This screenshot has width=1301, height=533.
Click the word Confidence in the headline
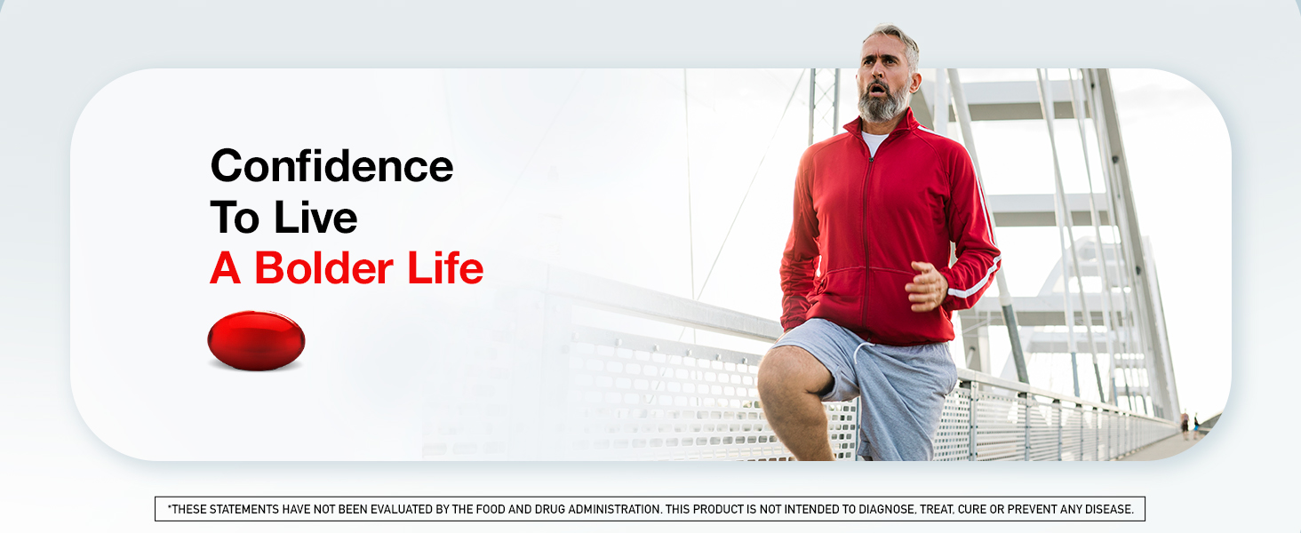(331, 166)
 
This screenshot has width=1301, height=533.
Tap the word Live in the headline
(315, 218)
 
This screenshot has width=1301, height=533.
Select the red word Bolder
(324, 268)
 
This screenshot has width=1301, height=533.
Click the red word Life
(445, 268)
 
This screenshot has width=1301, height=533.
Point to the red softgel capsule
(256, 341)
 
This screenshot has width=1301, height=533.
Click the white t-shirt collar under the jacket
(874, 142)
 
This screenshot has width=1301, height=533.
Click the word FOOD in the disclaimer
(491, 509)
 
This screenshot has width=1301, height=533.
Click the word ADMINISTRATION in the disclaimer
(614, 509)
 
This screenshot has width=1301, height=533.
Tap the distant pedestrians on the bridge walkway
(1190, 426)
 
